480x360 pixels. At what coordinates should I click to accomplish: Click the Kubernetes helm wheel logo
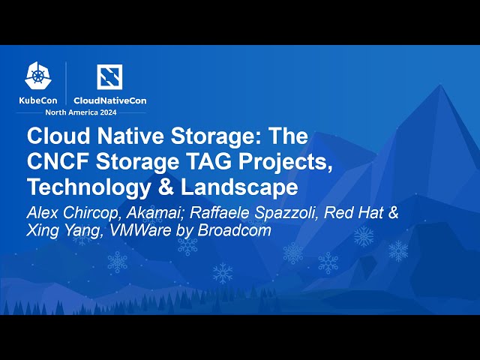[38, 75]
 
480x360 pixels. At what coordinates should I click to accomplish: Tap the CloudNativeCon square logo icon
[109, 76]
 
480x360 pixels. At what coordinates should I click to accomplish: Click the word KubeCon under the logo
[38, 100]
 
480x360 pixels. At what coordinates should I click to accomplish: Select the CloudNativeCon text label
[109, 100]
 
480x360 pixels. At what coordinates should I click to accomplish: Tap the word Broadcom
[234, 229]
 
